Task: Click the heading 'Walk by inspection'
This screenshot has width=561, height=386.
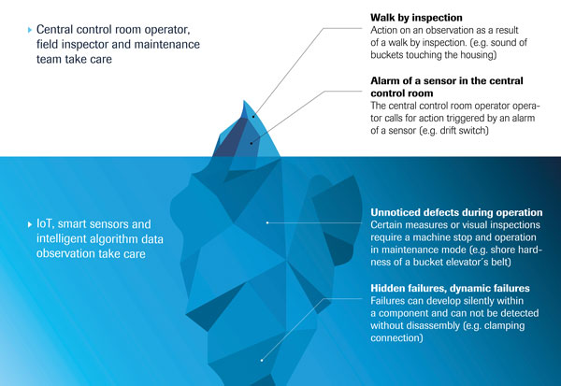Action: (x=416, y=18)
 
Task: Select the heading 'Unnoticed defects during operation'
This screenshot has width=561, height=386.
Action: (x=456, y=212)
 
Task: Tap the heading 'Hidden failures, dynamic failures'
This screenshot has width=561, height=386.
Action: (x=450, y=289)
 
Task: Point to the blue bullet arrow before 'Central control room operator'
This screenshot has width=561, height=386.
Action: (x=30, y=30)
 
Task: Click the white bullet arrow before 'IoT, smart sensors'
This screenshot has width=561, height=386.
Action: (x=30, y=224)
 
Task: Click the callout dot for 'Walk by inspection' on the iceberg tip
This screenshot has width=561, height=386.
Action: (x=253, y=116)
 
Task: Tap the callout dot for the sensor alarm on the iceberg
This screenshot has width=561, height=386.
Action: (x=252, y=143)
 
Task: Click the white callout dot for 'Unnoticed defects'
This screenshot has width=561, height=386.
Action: (x=267, y=222)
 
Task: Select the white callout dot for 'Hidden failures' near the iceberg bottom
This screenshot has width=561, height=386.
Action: (x=262, y=360)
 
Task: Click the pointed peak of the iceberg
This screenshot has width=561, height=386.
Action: (x=244, y=101)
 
